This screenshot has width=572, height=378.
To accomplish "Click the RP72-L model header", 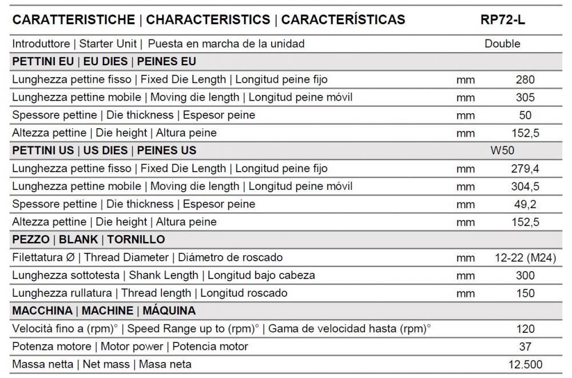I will [503, 19].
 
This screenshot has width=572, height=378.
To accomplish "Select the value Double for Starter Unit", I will [502, 43].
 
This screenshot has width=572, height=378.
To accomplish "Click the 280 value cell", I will [525, 79].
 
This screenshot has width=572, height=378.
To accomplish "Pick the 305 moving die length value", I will [525, 97].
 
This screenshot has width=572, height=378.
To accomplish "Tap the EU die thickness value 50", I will [525, 115].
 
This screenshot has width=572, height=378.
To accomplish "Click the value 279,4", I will [525, 169].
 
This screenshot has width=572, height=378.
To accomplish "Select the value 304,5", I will [525, 186].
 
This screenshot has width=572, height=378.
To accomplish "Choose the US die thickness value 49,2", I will [525, 204].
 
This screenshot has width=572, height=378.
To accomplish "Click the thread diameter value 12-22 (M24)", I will [525, 257].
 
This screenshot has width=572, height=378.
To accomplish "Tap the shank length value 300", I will [525, 276].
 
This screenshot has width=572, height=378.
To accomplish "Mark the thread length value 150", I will [525, 293].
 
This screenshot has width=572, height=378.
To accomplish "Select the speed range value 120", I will [525, 329].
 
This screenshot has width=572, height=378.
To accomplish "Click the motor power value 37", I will [525, 347].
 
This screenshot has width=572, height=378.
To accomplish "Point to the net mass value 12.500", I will [525, 364].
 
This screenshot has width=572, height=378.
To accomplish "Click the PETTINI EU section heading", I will [104, 62].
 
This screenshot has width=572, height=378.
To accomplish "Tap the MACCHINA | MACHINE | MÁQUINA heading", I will [104, 311].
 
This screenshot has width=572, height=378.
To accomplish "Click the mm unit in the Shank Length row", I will [466, 276].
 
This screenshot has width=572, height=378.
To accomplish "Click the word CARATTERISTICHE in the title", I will [73, 19].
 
